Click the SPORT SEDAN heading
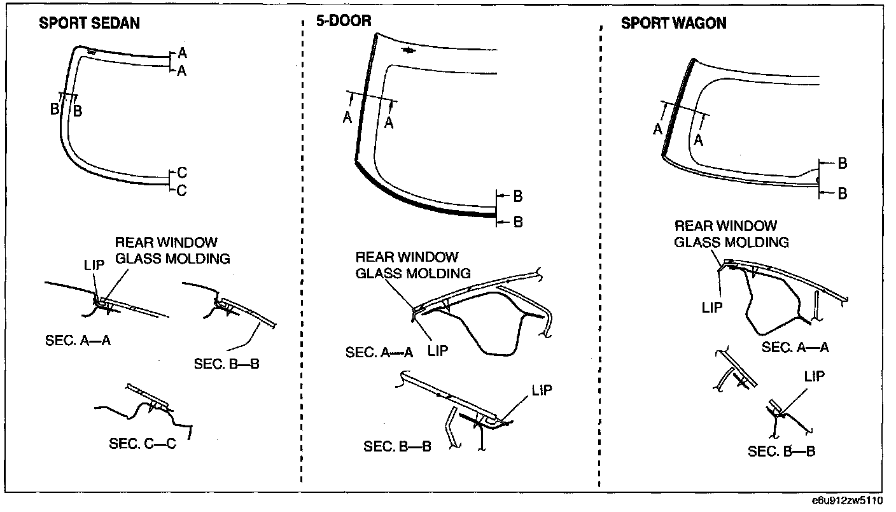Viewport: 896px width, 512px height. [x=90, y=24]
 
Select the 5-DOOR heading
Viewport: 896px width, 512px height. [x=344, y=22]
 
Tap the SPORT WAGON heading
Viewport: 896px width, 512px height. [x=673, y=24]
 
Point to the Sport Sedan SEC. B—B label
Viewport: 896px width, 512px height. [x=227, y=364]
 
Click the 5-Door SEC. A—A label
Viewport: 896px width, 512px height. [x=379, y=352]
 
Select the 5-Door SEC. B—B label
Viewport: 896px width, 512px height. [x=397, y=446]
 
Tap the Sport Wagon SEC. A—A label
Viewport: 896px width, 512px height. [x=795, y=347]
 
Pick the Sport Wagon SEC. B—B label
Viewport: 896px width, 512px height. [x=781, y=452]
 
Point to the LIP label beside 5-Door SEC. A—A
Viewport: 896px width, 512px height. [x=438, y=351]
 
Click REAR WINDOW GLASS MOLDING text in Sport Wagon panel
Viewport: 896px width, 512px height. [x=731, y=234]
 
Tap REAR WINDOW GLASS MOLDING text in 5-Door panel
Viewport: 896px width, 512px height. [x=413, y=265]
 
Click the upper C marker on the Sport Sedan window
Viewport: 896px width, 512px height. [x=182, y=173]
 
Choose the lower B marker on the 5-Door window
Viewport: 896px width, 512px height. [x=518, y=222]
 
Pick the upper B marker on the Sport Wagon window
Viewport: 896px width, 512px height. [x=843, y=164]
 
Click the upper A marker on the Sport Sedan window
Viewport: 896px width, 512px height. [x=182, y=52]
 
